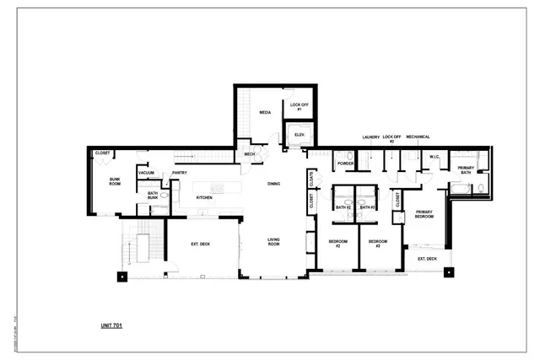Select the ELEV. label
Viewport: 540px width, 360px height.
click(300, 135)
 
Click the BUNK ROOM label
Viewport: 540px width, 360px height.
click(116, 182)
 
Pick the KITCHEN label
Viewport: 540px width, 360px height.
click(205, 197)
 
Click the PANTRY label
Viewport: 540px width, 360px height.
click(180, 173)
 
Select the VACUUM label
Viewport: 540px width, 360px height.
click(146, 173)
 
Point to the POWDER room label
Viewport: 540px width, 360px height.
click(345, 164)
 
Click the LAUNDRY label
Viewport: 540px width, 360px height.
click(370, 137)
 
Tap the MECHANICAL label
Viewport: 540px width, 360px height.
click(418, 137)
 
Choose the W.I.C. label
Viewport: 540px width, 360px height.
click(435, 157)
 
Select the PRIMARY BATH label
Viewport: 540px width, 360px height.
click(466, 170)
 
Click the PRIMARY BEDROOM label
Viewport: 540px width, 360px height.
click(424, 215)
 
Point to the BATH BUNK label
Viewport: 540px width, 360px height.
click(153, 196)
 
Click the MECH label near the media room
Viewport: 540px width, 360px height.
click(250, 154)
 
